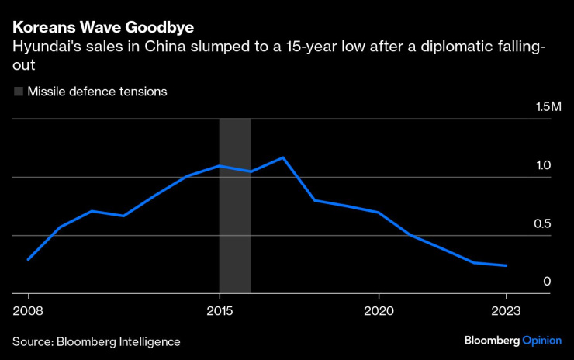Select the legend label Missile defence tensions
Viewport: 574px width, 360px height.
click(x=97, y=92)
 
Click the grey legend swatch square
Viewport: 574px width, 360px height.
click(x=18, y=92)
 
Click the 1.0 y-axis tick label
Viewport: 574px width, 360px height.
click(x=542, y=165)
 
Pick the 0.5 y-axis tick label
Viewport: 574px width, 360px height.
click(x=542, y=223)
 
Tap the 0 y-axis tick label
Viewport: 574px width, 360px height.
click(x=547, y=281)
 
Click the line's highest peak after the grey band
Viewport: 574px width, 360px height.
click(x=283, y=157)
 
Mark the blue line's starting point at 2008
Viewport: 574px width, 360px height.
click(x=28, y=259)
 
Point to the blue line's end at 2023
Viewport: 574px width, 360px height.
click(x=507, y=265)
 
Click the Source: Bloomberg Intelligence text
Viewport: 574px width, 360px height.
click(x=96, y=341)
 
